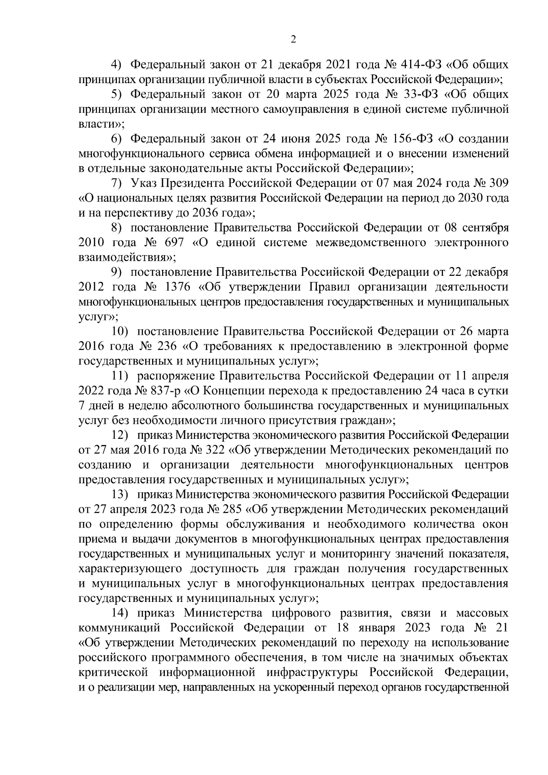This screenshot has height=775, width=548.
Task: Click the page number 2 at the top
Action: [x=293, y=40]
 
